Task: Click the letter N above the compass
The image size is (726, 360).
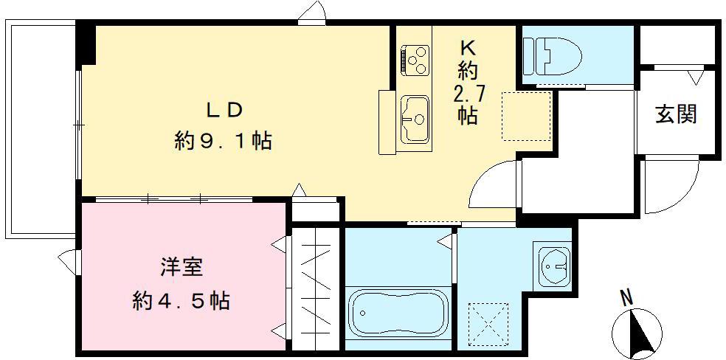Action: click(x=626, y=298)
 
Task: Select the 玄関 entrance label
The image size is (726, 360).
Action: click(x=675, y=114)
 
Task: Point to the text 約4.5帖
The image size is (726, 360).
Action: click(x=181, y=300)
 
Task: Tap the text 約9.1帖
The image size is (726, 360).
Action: click(x=223, y=141)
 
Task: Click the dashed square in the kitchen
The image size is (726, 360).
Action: click(x=526, y=116)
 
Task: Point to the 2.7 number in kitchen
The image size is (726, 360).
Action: click(x=467, y=94)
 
